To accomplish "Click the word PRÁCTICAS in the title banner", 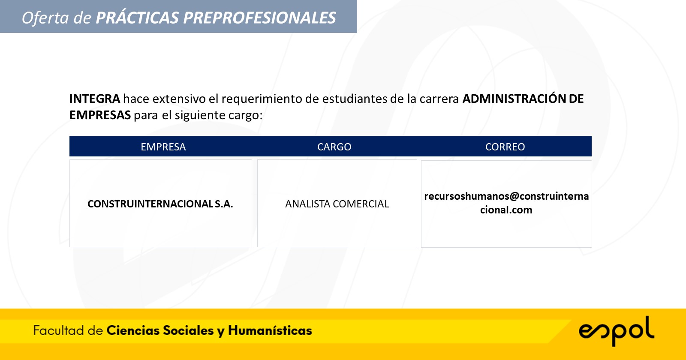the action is tap(137, 17).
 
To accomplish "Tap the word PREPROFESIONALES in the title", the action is tap(260, 18).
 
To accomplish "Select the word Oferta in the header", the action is tap(45, 18).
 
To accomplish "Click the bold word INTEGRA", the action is tap(95, 99).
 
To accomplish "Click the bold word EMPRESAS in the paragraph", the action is tap(100, 115).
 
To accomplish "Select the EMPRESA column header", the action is tap(163, 147).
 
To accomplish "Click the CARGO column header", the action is tap(334, 147).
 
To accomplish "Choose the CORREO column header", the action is tap(505, 147).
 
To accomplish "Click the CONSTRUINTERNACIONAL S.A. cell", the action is tap(160, 204).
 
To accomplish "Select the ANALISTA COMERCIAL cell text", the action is tap(337, 204).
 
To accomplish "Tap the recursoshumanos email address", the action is tap(506, 203).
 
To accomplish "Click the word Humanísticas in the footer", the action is tap(270, 330).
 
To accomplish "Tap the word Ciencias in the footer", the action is tap(133, 330).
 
